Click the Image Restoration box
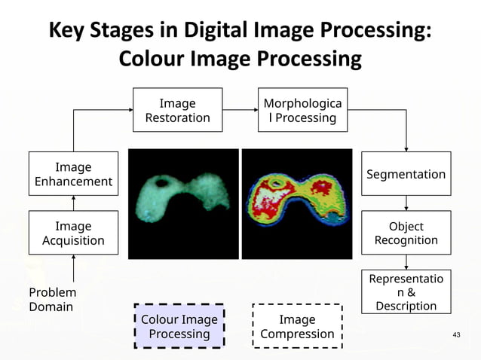[178, 110]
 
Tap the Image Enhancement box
[73, 174]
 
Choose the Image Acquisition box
[73, 233]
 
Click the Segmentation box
[406, 174]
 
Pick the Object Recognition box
[406, 233]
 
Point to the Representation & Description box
[406, 291]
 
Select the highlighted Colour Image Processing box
[179, 326]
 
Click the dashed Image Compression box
[297, 326]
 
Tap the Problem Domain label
[52, 299]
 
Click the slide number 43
[455, 334]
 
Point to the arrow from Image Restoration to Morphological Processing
[238, 110]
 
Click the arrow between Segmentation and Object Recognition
[406, 203]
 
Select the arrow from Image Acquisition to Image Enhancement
[73, 203]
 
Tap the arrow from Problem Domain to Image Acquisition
[73, 269]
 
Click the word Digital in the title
[204, 31]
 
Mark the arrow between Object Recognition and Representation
[406, 261]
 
